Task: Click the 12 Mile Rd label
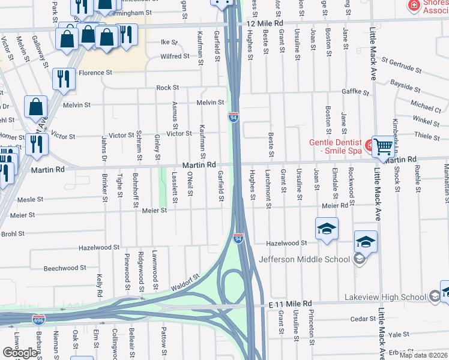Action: (x=264, y=23)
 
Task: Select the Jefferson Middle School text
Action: (x=304, y=259)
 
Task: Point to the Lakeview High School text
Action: (x=385, y=297)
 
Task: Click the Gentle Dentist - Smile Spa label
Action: (x=336, y=147)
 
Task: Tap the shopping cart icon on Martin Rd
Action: (x=383, y=146)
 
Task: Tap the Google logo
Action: (x=20, y=353)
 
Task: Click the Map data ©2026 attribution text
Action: (x=423, y=355)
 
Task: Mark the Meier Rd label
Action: (x=335, y=206)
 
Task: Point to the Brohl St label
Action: (x=13, y=233)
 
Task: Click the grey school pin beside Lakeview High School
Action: (x=435, y=296)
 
